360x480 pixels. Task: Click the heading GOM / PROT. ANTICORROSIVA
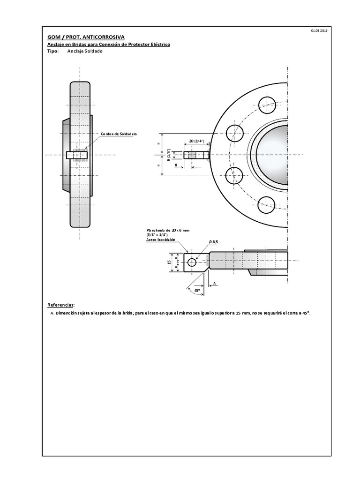(86, 37)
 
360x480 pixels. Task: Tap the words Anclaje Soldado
(85, 52)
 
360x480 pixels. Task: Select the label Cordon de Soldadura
(118, 134)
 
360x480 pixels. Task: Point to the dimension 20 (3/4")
(196, 141)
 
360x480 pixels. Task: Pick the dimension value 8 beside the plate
(176, 165)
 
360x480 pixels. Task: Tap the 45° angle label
(197, 290)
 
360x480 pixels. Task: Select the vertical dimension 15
(169, 262)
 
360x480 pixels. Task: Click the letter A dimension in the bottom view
(214, 284)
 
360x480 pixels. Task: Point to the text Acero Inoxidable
(161, 240)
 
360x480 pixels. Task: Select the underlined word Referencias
(61, 305)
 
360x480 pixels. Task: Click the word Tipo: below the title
(53, 52)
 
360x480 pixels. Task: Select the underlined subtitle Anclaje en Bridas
(109, 44)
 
